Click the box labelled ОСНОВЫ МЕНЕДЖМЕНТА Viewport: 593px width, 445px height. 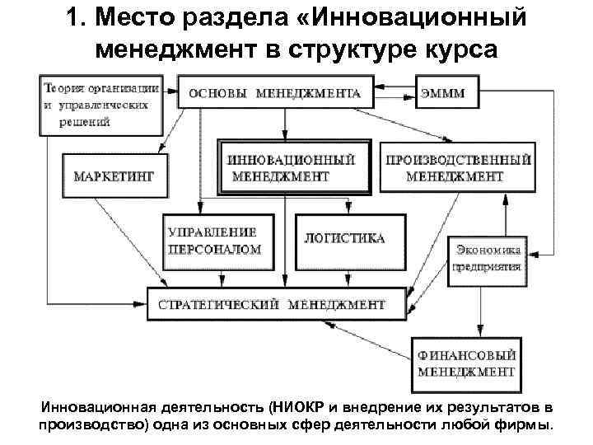[276, 93]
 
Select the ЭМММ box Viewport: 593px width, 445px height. [446, 93]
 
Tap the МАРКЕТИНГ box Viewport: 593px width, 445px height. [114, 176]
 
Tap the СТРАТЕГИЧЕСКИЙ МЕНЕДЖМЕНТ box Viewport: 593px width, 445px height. [277, 304]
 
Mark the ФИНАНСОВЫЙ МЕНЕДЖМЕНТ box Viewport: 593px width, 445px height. [466, 363]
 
